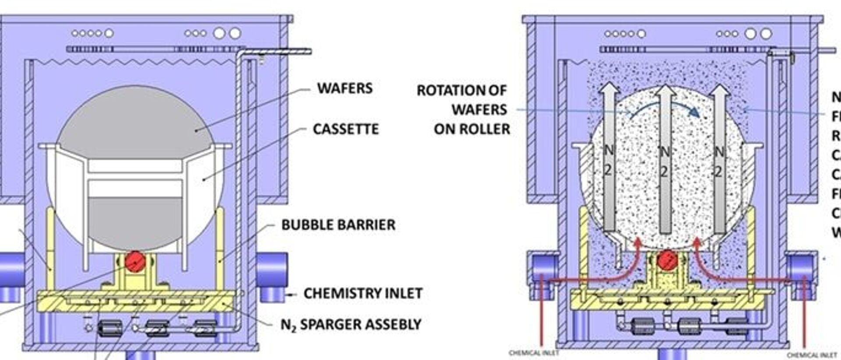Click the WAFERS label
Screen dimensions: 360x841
tap(345, 88)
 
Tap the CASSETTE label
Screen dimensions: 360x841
tap(346, 129)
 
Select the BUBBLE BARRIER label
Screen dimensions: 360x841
tap(338, 225)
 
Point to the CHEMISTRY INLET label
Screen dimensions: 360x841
tap(363, 293)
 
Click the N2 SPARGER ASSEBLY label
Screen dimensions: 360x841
tap(351, 325)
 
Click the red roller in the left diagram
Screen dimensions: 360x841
tap(135, 261)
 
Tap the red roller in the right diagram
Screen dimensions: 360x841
tap(667, 261)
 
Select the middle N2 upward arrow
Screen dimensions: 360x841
tap(665, 158)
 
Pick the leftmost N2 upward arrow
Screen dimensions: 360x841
tap(609, 158)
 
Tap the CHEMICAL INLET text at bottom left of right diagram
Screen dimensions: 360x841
tap(534, 353)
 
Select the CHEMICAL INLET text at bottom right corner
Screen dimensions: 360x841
tap(812, 355)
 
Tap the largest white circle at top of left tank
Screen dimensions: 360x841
tap(235, 33)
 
